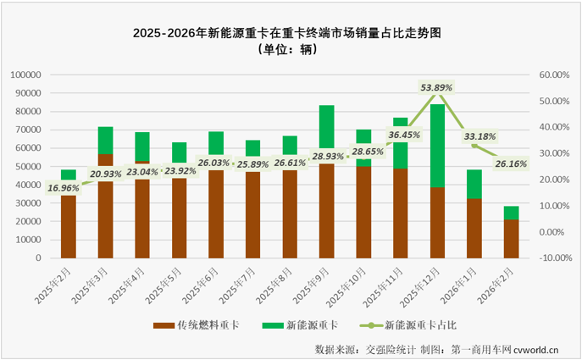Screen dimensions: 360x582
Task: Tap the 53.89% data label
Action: point(436,87)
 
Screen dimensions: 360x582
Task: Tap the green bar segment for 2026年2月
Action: point(511,213)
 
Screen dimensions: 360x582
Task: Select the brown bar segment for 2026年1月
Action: point(474,228)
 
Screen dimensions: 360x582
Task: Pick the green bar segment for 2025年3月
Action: point(105,140)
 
